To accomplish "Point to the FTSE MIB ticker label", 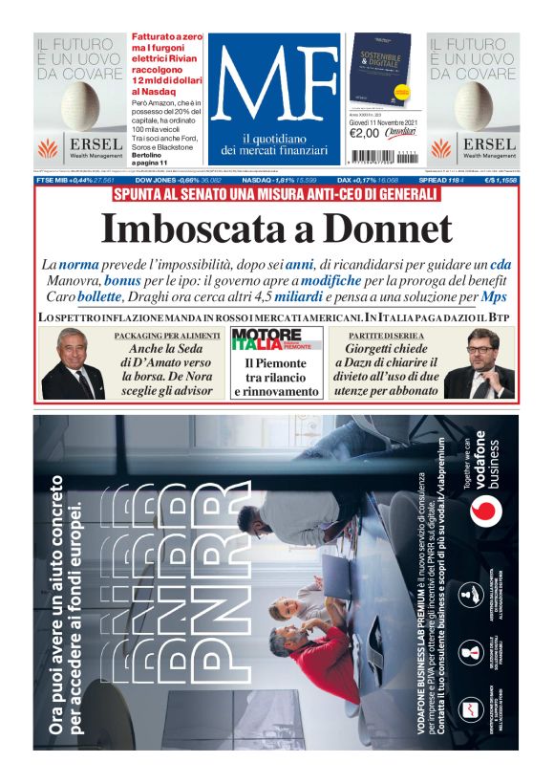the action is [x=56, y=179].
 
